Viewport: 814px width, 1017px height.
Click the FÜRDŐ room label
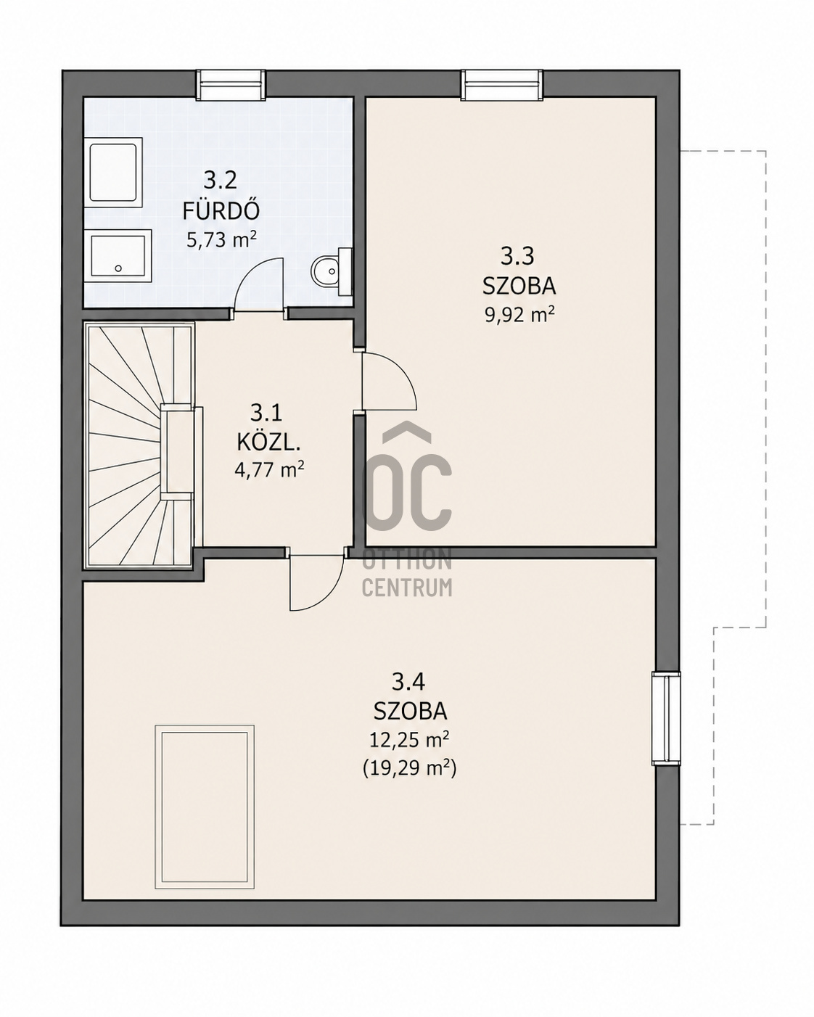[x=221, y=211]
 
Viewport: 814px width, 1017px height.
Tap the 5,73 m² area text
[x=221, y=240]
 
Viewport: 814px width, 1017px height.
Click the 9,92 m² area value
[x=519, y=314]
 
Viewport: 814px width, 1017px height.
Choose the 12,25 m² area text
[x=409, y=740]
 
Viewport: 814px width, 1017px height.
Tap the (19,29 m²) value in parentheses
[x=409, y=769]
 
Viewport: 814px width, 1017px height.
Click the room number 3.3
[x=517, y=257]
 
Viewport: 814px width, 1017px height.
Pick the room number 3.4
[x=409, y=681]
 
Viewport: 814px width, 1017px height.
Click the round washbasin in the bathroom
[x=327, y=272]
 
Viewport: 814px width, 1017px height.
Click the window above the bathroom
[x=230, y=85]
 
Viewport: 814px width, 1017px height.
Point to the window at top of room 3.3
[x=502, y=85]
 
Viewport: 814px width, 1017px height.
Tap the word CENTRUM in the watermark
[x=407, y=588]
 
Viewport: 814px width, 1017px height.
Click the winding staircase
[x=140, y=445]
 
